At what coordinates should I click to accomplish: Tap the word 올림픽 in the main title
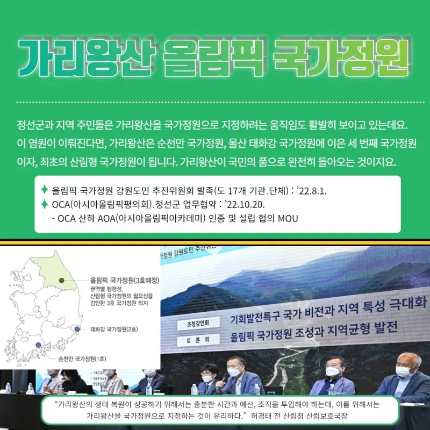213,57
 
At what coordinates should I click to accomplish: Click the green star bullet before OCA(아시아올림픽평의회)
44,204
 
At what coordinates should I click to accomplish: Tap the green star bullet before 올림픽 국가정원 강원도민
44,190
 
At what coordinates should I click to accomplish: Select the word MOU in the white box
288,219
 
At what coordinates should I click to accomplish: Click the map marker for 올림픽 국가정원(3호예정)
62,280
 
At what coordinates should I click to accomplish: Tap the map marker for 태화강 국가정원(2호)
77,329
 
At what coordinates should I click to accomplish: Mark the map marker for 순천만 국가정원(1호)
38,345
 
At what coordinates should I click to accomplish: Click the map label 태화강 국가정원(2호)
114,329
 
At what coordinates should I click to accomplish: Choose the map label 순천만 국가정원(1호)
82,359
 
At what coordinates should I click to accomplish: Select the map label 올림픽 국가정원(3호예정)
125,280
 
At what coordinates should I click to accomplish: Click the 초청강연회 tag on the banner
198,324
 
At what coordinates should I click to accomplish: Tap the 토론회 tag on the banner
198,340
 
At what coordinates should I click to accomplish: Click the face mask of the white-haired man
404,371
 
